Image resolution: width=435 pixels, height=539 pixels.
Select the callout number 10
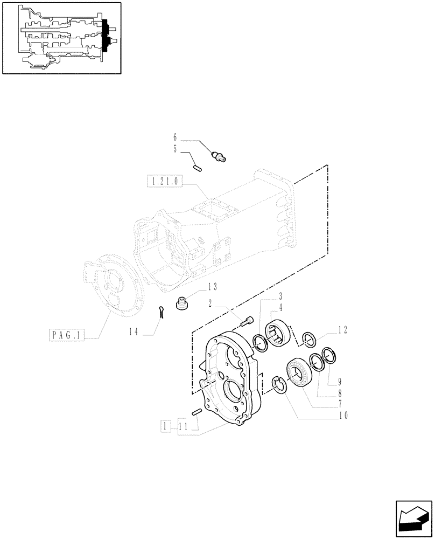click(x=342, y=416)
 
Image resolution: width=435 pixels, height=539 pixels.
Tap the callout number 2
click(x=214, y=303)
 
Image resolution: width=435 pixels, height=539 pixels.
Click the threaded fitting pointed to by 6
click(x=220, y=156)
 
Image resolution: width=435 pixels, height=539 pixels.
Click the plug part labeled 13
click(x=183, y=305)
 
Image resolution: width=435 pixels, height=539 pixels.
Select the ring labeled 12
click(x=308, y=339)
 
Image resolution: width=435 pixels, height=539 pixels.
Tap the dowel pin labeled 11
click(x=196, y=412)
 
